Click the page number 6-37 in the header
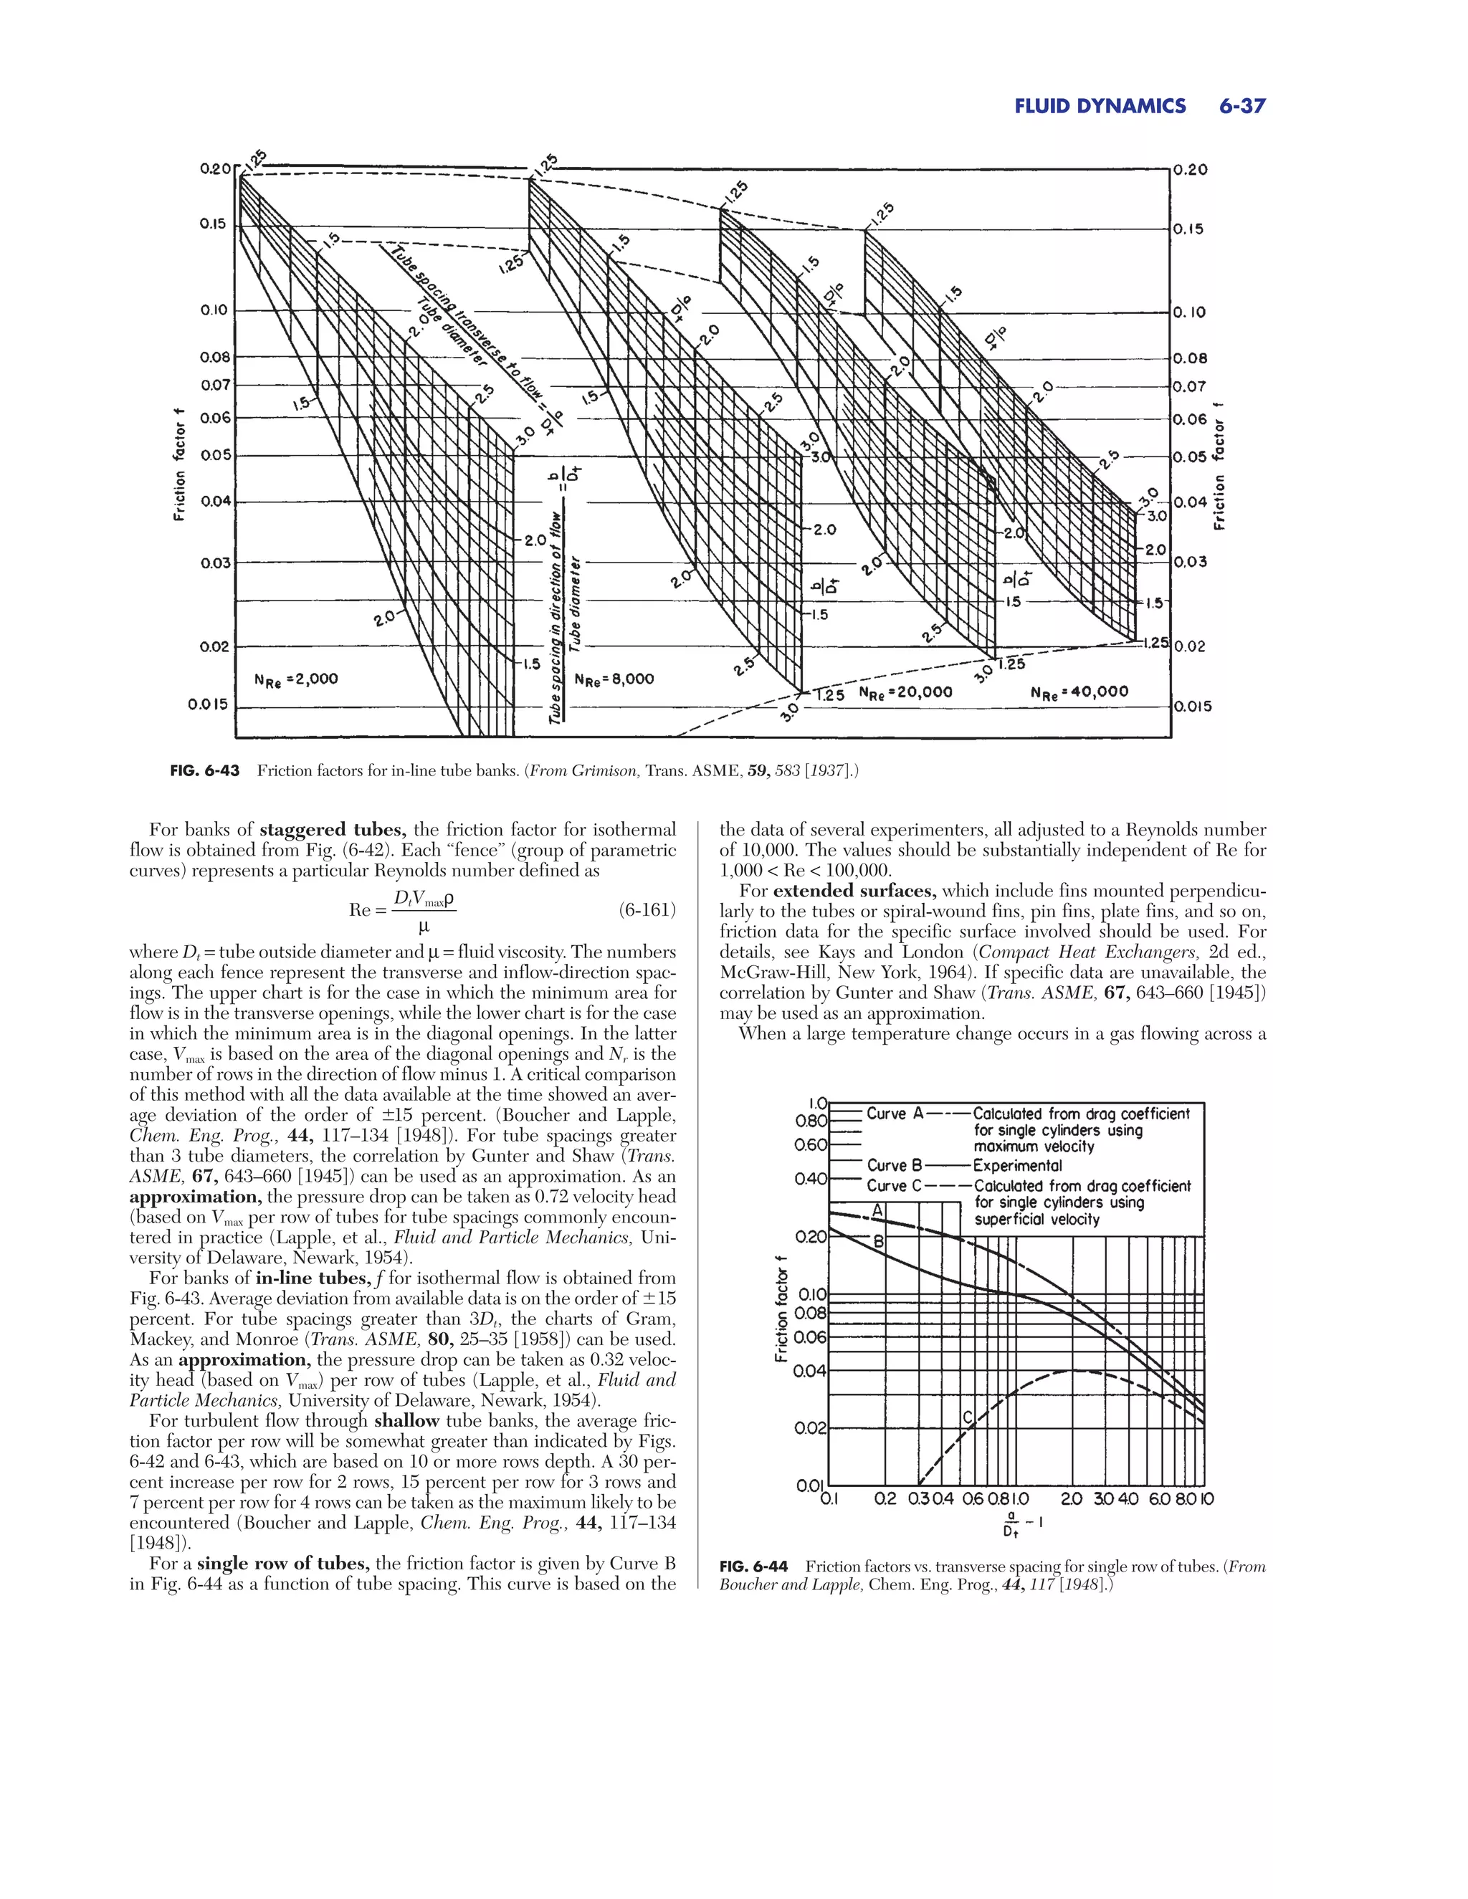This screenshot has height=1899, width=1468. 1241,107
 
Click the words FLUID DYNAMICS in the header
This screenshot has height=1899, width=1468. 1100,107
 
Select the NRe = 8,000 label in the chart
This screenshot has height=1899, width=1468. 614,679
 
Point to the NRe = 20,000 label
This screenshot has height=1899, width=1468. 905,693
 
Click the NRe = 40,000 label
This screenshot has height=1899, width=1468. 1079,692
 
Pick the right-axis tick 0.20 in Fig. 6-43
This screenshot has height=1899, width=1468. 1191,171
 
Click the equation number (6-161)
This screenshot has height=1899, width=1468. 647,910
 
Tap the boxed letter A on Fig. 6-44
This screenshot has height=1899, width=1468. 877,1210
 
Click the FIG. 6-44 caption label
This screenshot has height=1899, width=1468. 754,1566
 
